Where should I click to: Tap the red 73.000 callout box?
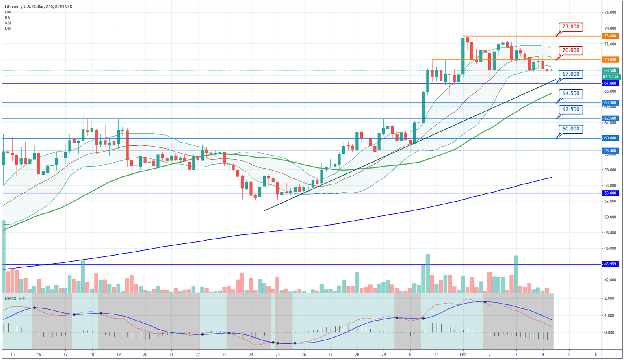(571, 27)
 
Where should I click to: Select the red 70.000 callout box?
(571, 50)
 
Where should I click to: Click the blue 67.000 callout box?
(571, 74)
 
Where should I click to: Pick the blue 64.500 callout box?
(571, 93)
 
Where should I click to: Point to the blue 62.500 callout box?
(571, 109)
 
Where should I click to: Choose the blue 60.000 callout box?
(571, 129)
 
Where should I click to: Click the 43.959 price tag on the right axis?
(611, 264)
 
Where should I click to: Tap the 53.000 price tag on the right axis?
(611, 193)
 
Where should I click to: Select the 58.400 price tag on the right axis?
(611, 151)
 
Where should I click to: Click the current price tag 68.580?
(611, 71)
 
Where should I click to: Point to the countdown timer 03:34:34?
(611, 76)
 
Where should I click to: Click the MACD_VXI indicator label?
(15, 299)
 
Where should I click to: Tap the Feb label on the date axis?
(463, 354)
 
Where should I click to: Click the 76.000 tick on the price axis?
(610, 13)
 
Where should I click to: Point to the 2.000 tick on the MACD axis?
(609, 299)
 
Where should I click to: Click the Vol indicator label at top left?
(8, 23)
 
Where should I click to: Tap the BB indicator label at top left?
(7, 18)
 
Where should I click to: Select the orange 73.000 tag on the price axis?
(611, 36)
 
